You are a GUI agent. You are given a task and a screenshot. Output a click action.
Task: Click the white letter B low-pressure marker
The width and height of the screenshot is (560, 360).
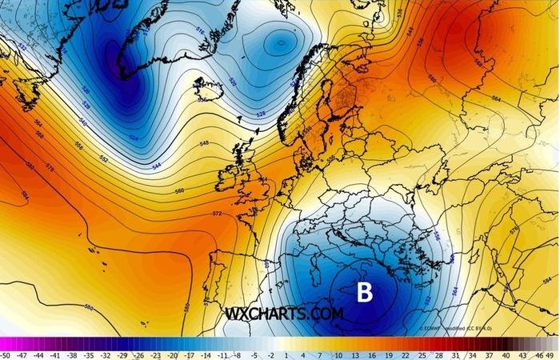coord(365,292)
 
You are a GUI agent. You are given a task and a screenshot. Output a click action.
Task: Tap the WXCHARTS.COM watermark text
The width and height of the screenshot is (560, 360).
coord(285,314)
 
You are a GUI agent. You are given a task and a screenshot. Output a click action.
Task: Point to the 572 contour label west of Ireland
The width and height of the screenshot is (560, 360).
coord(217,214)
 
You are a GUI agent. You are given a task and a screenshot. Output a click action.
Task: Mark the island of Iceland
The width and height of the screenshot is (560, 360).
coord(206,87)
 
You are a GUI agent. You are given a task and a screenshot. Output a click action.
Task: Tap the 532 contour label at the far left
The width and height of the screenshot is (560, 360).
coord(22,48)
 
